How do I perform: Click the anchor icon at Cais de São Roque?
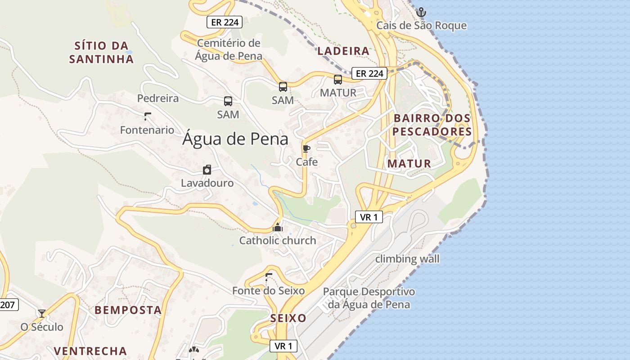(421, 12)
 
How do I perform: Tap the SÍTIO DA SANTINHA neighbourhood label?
(101, 52)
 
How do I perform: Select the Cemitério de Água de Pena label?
(229, 49)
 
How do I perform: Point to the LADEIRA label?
(343, 51)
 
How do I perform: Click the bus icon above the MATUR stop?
(338, 80)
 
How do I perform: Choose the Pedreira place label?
(158, 98)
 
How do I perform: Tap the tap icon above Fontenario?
(147, 117)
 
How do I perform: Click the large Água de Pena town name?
(235, 139)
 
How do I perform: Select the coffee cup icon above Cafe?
(306, 149)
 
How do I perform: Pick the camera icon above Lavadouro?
(207, 170)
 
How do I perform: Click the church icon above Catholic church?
(278, 227)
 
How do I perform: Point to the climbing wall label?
(407, 259)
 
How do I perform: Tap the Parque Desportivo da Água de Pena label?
(369, 298)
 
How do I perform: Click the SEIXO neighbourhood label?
(288, 318)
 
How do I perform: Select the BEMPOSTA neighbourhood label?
(128, 310)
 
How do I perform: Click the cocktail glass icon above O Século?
(42, 313)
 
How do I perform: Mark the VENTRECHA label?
(90, 351)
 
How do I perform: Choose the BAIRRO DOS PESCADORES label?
(432, 125)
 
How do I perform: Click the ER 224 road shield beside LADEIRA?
(369, 73)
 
